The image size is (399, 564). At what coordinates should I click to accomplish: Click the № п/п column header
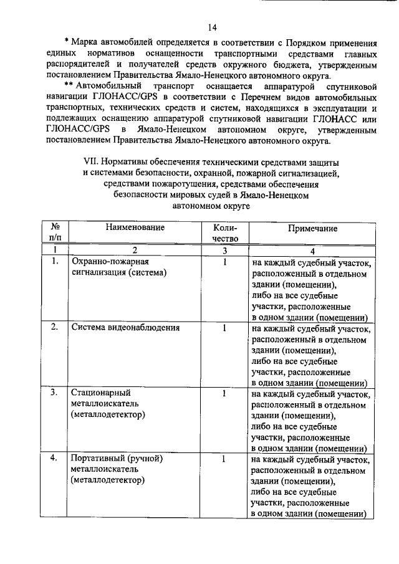(x=55, y=233)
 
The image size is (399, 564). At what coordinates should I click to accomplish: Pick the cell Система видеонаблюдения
(x=125, y=328)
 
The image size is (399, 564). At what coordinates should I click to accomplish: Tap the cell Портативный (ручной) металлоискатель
(x=117, y=469)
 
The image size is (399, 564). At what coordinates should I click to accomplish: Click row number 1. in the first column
(x=54, y=262)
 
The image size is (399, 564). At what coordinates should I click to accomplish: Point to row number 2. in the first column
(x=54, y=328)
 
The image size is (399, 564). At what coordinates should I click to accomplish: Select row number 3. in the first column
(x=54, y=393)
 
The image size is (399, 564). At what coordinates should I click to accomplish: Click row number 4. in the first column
(x=54, y=459)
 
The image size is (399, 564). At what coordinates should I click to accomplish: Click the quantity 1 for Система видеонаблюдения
(x=223, y=328)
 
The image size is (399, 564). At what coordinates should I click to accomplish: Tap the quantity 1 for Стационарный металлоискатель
(x=223, y=393)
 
